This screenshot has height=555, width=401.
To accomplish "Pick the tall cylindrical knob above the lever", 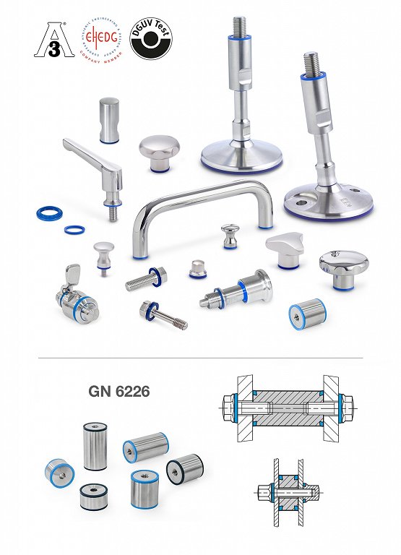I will click(110, 119).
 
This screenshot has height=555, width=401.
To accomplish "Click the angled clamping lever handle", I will click(90, 160).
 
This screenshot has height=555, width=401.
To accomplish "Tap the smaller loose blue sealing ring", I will click(72, 230).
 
